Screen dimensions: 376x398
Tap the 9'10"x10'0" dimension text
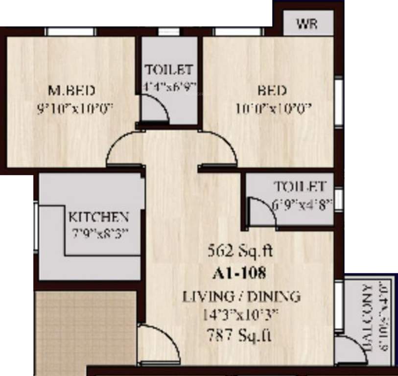[75, 108]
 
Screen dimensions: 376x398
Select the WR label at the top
[307, 24]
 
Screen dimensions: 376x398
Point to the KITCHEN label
[98, 217]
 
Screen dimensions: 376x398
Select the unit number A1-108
[239, 273]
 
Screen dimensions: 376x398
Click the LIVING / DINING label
[241, 296]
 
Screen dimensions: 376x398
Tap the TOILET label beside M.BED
[169, 70]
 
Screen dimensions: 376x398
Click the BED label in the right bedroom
[271, 91]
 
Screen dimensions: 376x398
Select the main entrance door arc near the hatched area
[158, 343]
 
